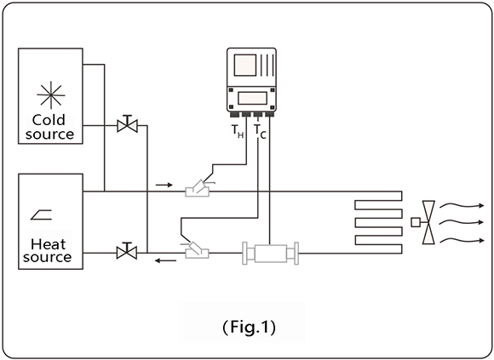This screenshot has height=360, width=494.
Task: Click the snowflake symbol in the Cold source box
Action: pos(51,94)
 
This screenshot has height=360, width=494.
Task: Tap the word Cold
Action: pos(49,120)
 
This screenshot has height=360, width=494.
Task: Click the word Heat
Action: pos(49,244)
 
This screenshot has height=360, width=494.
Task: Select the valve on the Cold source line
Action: pos(127,124)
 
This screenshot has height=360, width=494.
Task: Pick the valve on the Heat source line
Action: pos(127,251)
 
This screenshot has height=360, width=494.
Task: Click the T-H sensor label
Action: pos(238,132)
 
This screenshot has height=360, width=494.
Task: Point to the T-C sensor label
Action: pos(261,132)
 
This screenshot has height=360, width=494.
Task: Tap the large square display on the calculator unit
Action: pos(245,66)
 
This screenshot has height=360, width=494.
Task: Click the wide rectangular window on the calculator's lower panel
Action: pos(252,98)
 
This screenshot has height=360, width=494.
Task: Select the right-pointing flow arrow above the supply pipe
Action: pos(164,185)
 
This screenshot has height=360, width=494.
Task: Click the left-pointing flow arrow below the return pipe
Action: pos(166,260)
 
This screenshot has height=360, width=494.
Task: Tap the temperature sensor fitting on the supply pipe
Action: pos(198,189)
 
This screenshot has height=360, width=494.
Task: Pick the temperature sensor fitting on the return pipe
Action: pos(197,250)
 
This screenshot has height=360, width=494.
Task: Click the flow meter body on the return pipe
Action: pos(270,254)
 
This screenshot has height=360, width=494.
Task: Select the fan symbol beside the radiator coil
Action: pos(428,222)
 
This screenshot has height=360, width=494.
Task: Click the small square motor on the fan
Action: pos(416,222)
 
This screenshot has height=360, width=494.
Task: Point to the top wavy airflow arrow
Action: pos(462,205)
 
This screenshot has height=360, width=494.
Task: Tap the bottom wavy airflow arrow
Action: pos(462,240)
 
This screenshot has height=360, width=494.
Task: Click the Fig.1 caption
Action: pos(250,327)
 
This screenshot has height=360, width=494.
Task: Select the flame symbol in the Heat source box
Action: pos(41,214)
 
